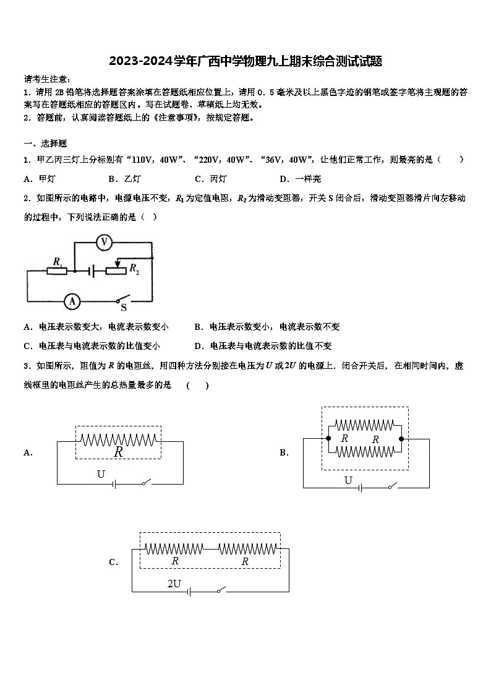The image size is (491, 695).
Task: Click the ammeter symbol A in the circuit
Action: pyautogui.click(x=72, y=301)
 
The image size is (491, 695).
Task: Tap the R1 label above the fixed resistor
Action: pyautogui.click(x=58, y=262)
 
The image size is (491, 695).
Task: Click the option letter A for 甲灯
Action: pyautogui.click(x=27, y=179)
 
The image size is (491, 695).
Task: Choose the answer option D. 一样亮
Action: pyautogui.click(x=300, y=179)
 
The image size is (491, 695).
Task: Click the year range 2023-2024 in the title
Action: pyautogui.click(x=140, y=61)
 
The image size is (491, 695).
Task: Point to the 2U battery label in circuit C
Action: pyautogui.click(x=174, y=583)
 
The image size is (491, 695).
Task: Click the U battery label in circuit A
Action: pyautogui.click(x=101, y=475)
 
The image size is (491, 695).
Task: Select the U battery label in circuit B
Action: pyautogui.click(x=348, y=480)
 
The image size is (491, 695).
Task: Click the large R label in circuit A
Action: pyautogui.click(x=118, y=452)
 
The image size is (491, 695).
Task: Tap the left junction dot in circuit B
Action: pyautogui.click(x=328, y=439)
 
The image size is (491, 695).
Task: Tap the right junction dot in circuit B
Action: pyautogui.click(x=401, y=439)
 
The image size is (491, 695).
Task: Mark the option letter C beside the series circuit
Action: pyautogui.click(x=113, y=563)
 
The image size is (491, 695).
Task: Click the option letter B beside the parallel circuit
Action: pyautogui.click(x=284, y=452)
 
